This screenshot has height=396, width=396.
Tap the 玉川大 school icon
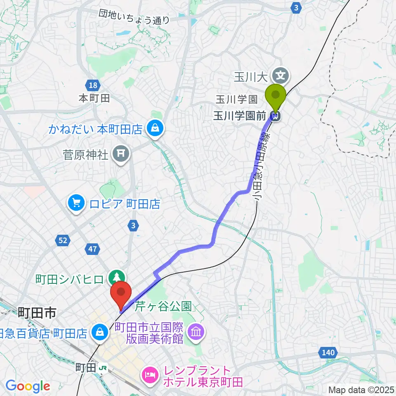coord(281,76)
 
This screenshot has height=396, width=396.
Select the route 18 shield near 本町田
coord(93,86)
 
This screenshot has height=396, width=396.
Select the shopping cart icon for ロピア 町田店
coord(76,203)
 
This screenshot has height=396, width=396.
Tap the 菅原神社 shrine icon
coord(121,154)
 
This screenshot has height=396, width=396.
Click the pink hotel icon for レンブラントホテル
coord(149,375)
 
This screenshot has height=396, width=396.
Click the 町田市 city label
coord(36,313)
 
